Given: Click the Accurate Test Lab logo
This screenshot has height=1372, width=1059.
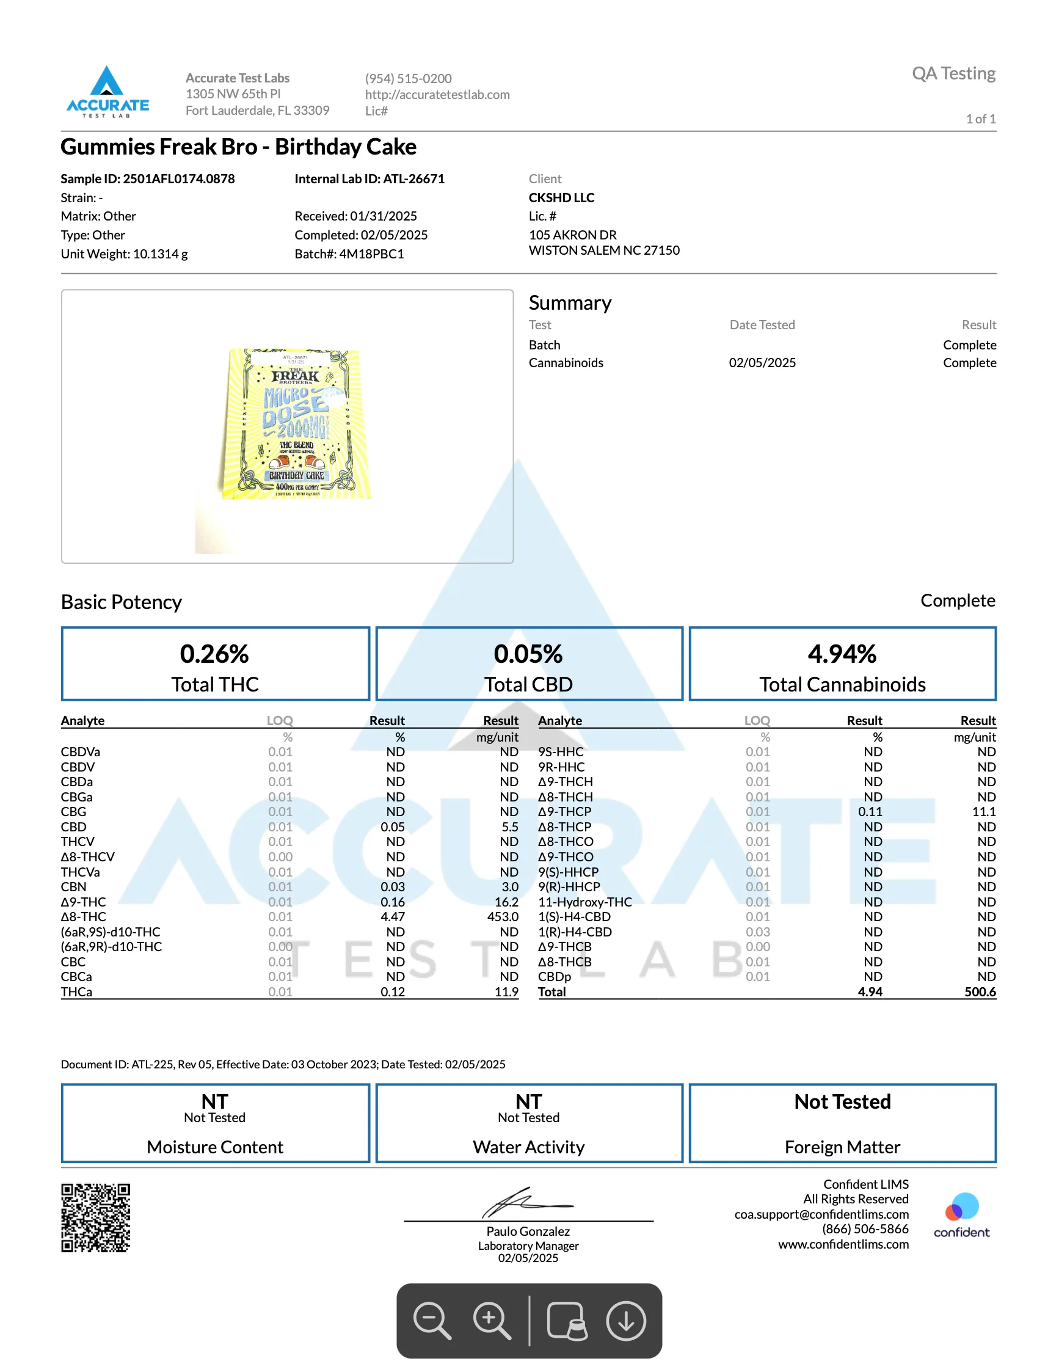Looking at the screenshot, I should pos(107,92).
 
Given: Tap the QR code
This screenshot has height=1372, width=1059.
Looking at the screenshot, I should pos(95,1217).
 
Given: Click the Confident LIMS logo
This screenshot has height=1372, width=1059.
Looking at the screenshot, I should pos(961,1215).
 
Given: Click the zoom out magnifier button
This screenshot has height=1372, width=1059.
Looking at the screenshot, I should pos(432,1321).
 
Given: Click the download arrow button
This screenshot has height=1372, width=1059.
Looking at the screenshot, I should pos(625,1321).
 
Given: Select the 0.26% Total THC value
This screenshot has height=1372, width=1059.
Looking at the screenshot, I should pos(214,654).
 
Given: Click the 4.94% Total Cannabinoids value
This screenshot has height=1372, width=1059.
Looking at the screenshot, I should pos(842,654).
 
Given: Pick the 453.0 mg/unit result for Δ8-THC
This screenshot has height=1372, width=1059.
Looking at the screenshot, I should pos(503,916).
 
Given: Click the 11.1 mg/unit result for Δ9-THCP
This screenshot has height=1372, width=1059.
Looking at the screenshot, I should pos(984,812).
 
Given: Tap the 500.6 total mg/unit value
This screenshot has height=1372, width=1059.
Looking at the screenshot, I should pos(980,992).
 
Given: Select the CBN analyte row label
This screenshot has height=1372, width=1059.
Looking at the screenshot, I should pos(73,887).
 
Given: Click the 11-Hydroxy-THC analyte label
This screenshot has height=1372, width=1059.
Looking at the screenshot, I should pos(585,902).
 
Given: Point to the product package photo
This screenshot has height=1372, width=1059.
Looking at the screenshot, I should pos(295,424).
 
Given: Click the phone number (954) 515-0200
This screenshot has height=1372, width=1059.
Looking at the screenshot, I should pos(409,79).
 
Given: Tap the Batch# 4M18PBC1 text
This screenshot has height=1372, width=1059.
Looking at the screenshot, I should pos(349,254).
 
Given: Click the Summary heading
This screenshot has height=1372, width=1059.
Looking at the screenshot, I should pos(570,303).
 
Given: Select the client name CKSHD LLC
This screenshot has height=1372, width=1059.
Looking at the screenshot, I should pos(561,197).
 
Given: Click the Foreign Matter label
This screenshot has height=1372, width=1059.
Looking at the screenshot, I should pos(842,1147).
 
